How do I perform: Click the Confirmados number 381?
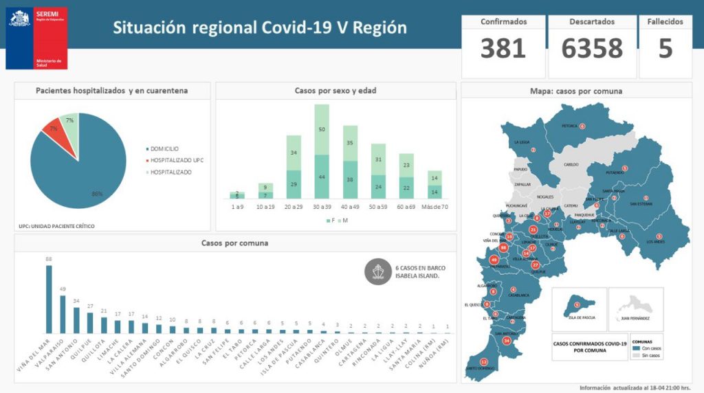click(x=503, y=49)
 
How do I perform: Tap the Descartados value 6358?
click(x=592, y=49)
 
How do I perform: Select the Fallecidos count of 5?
click(x=665, y=49)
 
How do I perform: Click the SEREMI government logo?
click(x=37, y=38)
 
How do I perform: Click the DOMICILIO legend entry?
click(x=162, y=148)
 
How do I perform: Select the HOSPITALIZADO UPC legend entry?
click(x=177, y=160)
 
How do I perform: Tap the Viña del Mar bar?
click(x=49, y=299)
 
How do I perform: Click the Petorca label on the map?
click(x=569, y=126)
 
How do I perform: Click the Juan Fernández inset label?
click(x=635, y=318)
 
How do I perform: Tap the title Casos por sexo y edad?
click(x=335, y=91)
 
